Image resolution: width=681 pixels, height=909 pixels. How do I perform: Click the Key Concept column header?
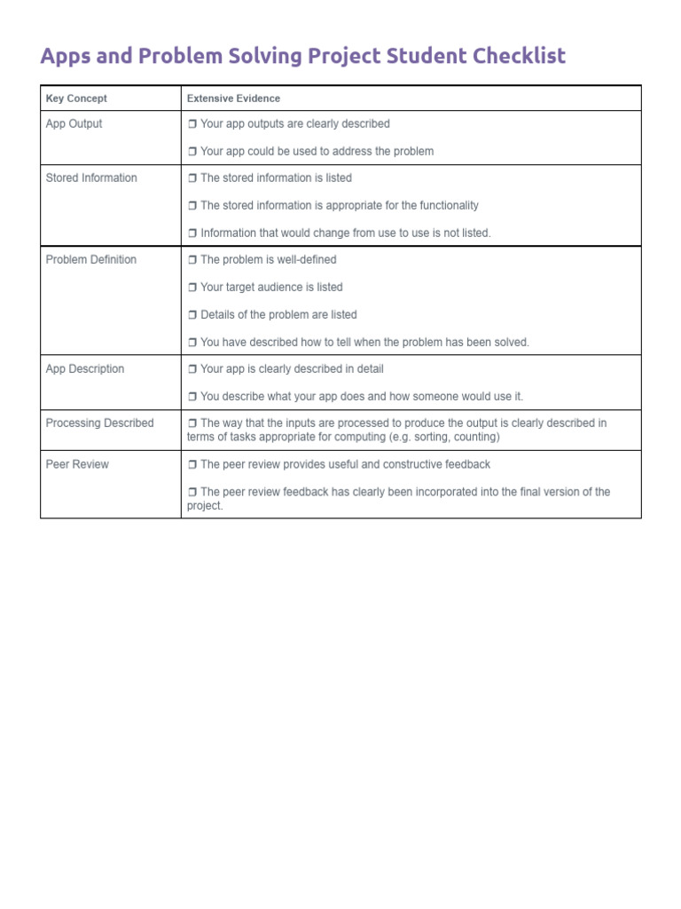(76, 99)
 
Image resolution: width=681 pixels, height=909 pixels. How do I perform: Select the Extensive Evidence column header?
(233, 99)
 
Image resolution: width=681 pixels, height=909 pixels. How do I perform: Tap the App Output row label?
(74, 123)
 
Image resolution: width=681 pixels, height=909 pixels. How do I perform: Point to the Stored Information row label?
(91, 178)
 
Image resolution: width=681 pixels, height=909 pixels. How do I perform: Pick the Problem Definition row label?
(90, 259)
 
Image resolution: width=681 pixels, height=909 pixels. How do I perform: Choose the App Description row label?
(85, 368)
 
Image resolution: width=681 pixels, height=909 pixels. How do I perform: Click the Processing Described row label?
(99, 423)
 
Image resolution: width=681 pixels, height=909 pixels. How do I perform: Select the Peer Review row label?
(77, 463)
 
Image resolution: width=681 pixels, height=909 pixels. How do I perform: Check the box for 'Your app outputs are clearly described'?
(192, 124)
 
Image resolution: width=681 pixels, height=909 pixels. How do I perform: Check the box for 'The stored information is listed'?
(192, 178)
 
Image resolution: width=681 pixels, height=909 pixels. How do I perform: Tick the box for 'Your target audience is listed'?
(192, 288)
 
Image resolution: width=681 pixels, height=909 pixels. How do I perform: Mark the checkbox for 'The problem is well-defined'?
(192, 260)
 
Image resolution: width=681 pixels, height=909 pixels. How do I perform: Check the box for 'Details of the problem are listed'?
(192, 315)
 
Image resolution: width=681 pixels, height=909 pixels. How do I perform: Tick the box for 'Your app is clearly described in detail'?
(192, 369)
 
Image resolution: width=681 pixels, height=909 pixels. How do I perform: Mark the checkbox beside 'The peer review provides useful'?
(192, 464)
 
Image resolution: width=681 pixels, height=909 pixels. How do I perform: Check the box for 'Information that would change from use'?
(192, 233)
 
